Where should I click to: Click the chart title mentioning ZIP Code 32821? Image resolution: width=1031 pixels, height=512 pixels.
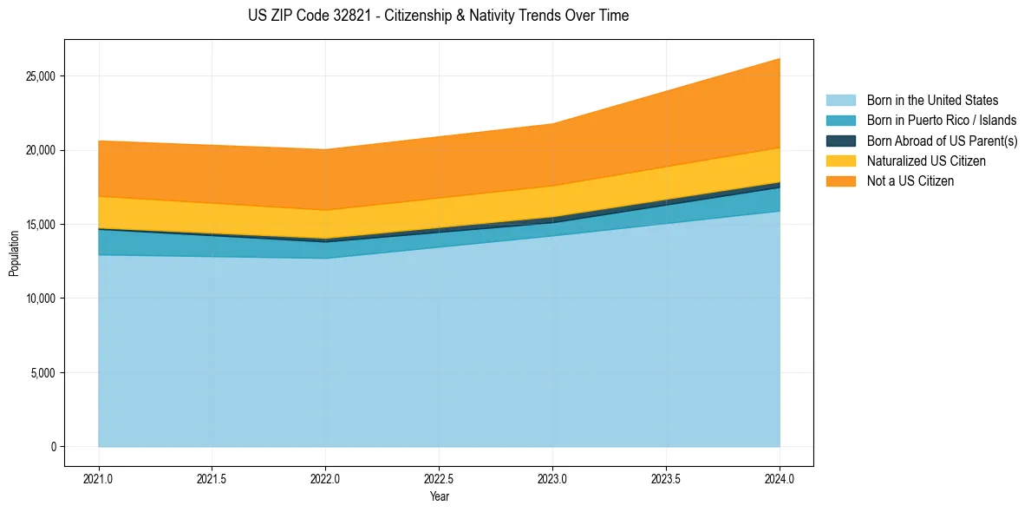click(x=438, y=16)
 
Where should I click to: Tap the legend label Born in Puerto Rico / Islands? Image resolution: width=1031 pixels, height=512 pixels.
click(x=942, y=121)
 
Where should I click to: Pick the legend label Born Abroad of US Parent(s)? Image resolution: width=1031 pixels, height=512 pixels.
click(x=942, y=141)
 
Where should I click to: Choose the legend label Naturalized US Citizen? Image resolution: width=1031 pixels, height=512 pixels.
click(x=926, y=161)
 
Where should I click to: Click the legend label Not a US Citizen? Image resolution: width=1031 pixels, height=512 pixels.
click(x=910, y=181)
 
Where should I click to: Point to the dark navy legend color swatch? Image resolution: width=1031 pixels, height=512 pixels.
click(x=840, y=141)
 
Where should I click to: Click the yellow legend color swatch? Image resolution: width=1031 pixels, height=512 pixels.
click(x=840, y=161)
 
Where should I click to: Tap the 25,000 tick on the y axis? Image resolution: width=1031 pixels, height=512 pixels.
click(x=41, y=76)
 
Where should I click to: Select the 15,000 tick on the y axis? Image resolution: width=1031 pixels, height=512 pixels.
click(x=41, y=225)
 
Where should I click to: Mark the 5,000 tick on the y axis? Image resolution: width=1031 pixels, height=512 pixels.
click(x=43, y=373)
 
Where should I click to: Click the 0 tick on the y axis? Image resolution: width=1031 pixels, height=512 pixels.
click(x=53, y=447)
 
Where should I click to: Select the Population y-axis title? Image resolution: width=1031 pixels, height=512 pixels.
click(x=14, y=253)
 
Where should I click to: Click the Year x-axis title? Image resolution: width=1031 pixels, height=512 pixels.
click(x=439, y=496)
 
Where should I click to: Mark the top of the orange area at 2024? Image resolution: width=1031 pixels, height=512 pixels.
click(x=780, y=58)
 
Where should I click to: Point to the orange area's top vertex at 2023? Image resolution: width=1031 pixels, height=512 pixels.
click(x=552, y=123)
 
